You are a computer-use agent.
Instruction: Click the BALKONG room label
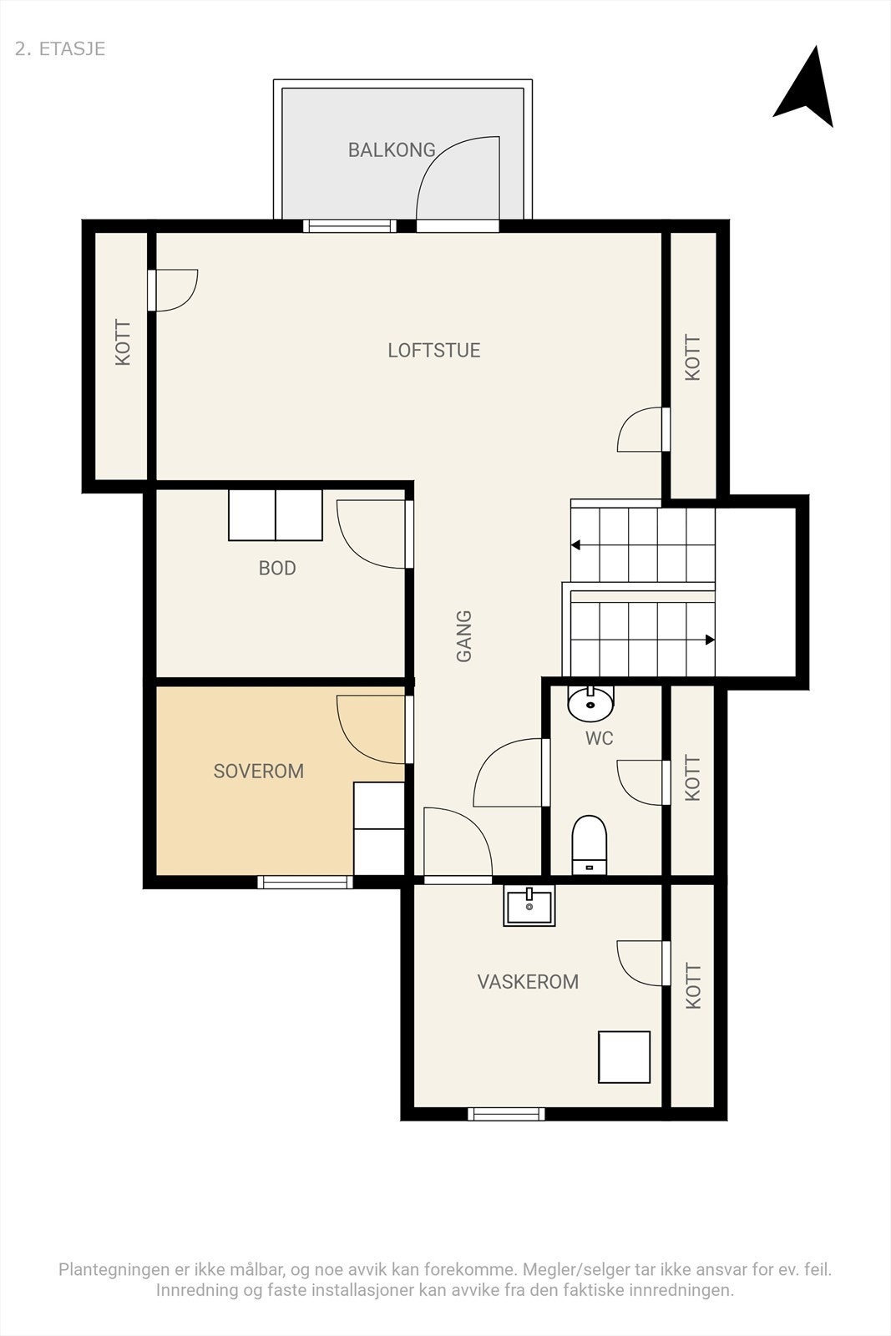[x=392, y=150]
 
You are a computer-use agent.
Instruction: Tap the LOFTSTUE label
[x=433, y=351]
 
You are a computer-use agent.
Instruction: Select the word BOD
[x=277, y=569]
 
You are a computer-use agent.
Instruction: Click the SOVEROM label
[x=258, y=772]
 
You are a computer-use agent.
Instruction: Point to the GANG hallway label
[x=464, y=636]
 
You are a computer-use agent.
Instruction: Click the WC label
[x=599, y=739]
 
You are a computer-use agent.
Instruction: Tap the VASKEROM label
[x=528, y=982]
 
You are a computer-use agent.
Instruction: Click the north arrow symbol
[x=806, y=89]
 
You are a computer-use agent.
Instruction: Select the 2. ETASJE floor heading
[x=60, y=48]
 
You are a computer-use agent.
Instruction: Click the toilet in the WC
[x=590, y=843]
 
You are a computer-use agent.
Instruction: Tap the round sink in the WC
[x=590, y=704]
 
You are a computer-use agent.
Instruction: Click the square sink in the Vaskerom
[x=529, y=908]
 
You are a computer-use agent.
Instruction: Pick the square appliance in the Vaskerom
[x=624, y=1057]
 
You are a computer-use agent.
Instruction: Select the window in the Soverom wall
[x=305, y=882]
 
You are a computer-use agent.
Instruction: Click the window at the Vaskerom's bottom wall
[x=506, y=1114]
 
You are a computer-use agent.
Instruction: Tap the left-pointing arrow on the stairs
[x=576, y=545]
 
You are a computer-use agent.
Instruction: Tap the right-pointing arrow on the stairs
[x=709, y=640]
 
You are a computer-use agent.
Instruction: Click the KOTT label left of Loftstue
[x=123, y=343]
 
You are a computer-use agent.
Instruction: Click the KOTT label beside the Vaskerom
[x=693, y=987]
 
